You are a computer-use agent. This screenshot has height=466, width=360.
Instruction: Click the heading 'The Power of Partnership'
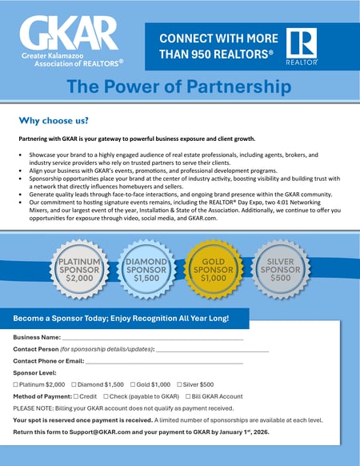pyautogui.click(x=179, y=86)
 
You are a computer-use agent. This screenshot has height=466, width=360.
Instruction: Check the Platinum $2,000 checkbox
pyautogui.click(x=16, y=385)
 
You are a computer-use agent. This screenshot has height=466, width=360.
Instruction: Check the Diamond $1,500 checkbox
pyautogui.click(x=74, y=385)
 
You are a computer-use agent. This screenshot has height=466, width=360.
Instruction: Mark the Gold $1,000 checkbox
pyautogui.click(x=130, y=385)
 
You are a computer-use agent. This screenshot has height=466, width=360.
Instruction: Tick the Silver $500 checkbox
pyautogui.click(x=179, y=385)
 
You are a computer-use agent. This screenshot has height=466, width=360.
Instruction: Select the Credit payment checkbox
pyautogui.click(x=76, y=396)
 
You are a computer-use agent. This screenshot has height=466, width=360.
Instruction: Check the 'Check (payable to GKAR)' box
pyautogui.click(x=106, y=396)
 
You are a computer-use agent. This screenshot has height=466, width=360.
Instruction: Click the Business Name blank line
pyautogui.click(x=152, y=339)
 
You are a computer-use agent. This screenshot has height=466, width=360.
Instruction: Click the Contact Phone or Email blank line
pyautogui.click(x=168, y=362)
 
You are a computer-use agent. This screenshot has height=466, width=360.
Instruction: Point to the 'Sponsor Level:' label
pyautogui.click(x=34, y=373)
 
